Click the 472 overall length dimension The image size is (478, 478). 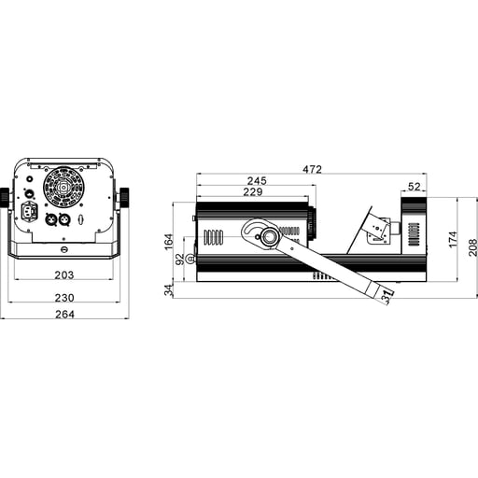pyautogui.click(x=312, y=169)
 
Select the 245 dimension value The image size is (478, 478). pyautogui.click(x=257, y=181)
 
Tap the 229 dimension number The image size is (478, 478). pyautogui.click(x=253, y=192)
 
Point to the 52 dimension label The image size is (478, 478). pyautogui.click(x=415, y=187)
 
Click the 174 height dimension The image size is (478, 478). pyautogui.click(x=453, y=240)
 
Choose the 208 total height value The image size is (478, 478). pyautogui.click(x=472, y=247)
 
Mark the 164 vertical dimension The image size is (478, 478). pyautogui.click(x=168, y=242)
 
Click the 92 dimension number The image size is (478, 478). pyautogui.click(x=180, y=260)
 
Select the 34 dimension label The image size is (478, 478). pyautogui.click(x=168, y=290)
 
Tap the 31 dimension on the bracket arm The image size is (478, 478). pyautogui.click(x=387, y=297)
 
